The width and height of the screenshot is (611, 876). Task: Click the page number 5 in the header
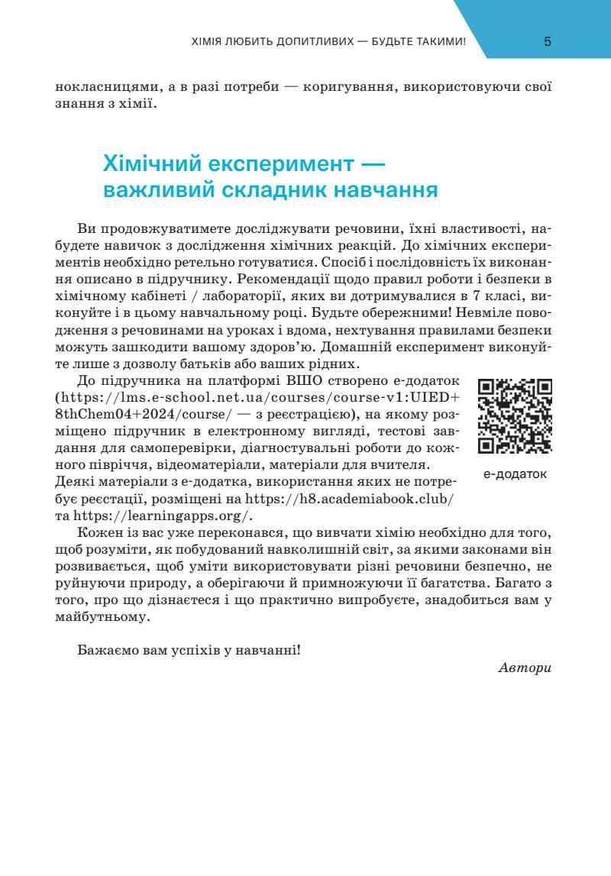(548, 42)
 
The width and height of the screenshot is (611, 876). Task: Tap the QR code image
(515, 416)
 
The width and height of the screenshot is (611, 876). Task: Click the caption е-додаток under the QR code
(515, 474)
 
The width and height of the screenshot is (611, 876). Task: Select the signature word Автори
(524, 668)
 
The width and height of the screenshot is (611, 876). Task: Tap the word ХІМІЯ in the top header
(207, 42)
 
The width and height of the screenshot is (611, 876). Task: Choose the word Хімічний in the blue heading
(151, 163)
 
